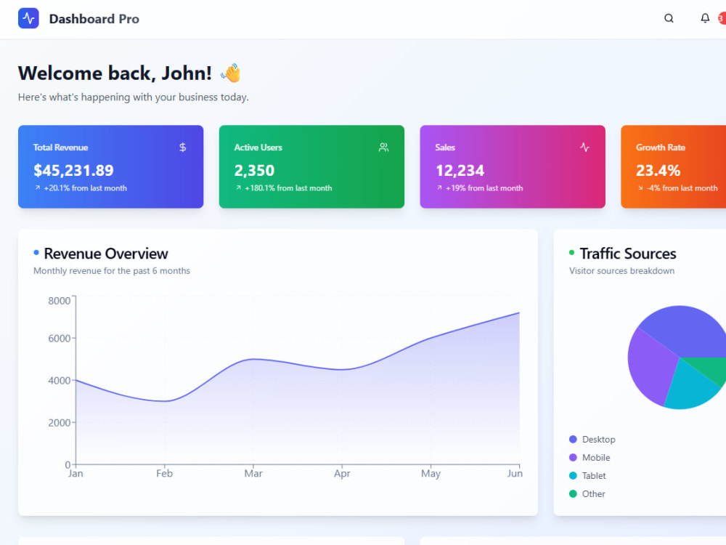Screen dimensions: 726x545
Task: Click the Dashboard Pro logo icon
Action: tap(28, 19)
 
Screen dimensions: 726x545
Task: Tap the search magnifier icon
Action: tap(669, 18)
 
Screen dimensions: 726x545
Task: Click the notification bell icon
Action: tap(705, 18)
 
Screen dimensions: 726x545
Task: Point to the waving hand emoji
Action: tap(231, 73)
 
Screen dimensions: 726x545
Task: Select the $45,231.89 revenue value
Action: tap(73, 170)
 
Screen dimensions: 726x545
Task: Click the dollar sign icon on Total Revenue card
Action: tap(182, 148)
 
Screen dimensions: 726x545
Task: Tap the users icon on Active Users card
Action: tap(383, 148)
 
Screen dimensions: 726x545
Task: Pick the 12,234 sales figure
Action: tap(460, 171)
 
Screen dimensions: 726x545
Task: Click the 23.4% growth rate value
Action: tap(658, 171)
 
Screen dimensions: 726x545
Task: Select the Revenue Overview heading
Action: tap(105, 254)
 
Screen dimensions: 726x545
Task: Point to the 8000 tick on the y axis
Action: tap(60, 301)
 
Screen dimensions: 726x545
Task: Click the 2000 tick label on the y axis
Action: tap(60, 423)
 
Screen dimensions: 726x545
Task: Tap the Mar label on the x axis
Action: tap(253, 473)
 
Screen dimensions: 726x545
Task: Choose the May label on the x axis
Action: tap(431, 473)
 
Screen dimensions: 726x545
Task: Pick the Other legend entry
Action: tap(587, 494)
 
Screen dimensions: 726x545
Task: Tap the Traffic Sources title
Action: tap(628, 254)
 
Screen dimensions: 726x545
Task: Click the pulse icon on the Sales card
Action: tap(584, 148)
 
